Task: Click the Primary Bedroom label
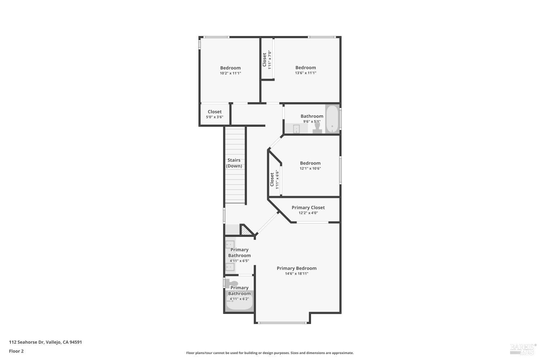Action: (x=297, y=268)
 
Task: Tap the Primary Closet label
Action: (x=308, y=207)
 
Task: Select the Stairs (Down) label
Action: (x=234, y=163)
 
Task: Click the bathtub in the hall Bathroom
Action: (x=332, y=119)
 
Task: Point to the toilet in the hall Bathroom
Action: (x=317, y=129)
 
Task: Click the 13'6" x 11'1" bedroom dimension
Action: (x=306, y=73)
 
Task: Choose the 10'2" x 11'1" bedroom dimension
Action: (x=230, y=73)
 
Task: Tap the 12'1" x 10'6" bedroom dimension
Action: (x=310, y=168)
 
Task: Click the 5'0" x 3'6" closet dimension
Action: (x=215, y=117)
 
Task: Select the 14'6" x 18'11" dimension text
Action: (x=297, y=274)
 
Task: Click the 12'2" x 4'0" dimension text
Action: (x=308, y=213)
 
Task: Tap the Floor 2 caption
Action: (x=16, y=351)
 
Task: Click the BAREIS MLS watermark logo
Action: (x=523, y=347)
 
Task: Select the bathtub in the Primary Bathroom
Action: (x=239, y=302)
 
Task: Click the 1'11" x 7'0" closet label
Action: (x=269, y=59)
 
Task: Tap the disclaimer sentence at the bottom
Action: (x=270, y=353)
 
